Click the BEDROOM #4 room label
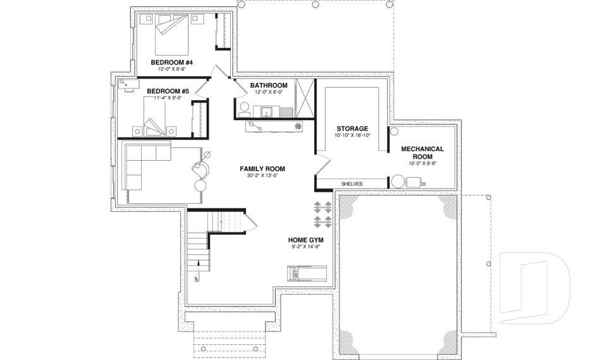coord(171,63)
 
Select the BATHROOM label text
coord(269,85)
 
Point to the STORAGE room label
coord(352,128)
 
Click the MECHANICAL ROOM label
coord(423,152)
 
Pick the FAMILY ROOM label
coord(262,169)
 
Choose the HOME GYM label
coord(307,240)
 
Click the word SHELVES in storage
coord(352,184)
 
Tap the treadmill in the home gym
coord(307,273)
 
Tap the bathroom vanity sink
coord(267,112)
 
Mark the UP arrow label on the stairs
coord(197,279)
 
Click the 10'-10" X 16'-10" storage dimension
coord(352,135)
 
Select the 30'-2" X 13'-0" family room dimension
coord(262,176)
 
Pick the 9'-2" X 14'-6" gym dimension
coord(307,247)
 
